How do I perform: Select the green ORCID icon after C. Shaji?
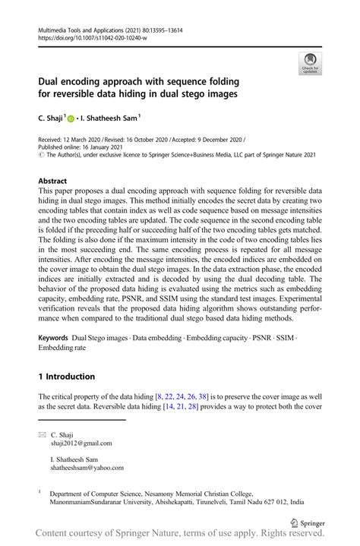click(x=72, y=118)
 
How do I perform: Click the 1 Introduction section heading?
click(x=67, y=377)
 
